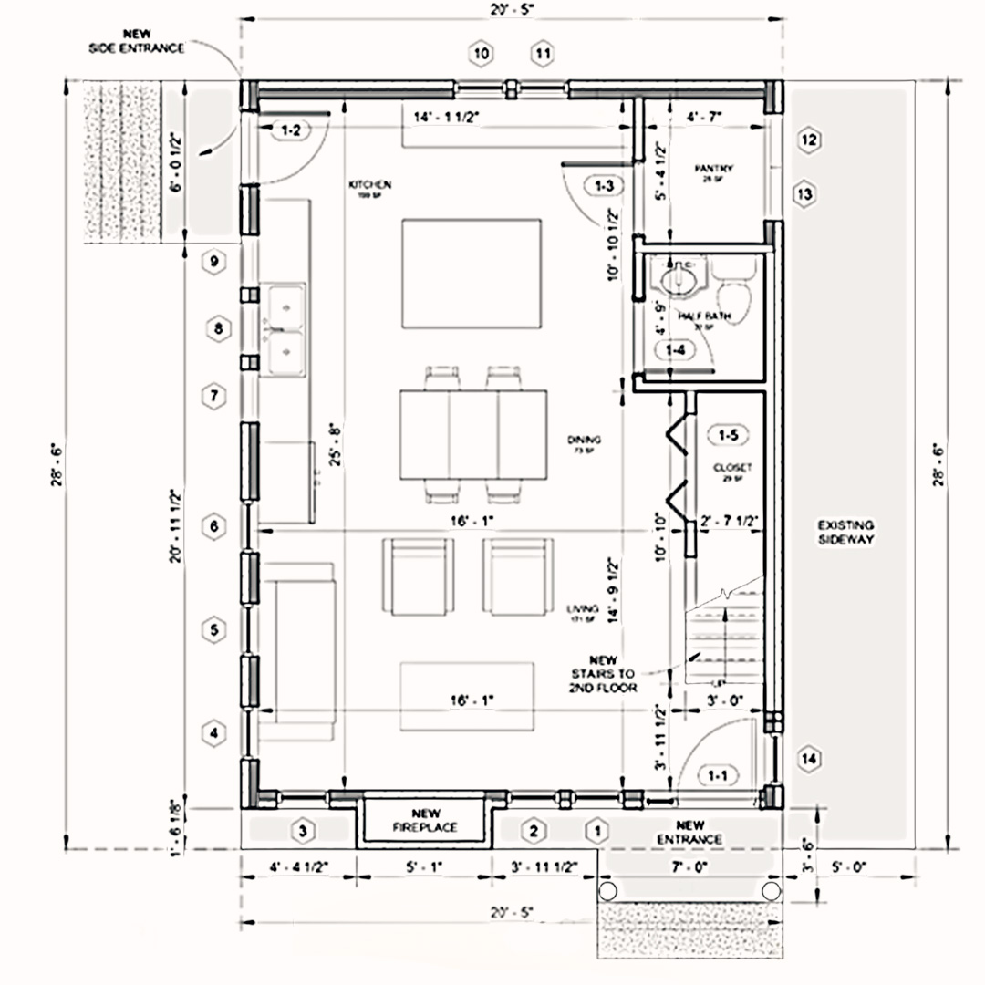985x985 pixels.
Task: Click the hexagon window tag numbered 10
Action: [x=482, y=54]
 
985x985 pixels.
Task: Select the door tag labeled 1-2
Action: [x=291, y=130]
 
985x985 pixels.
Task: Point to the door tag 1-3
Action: [x=604, y=186]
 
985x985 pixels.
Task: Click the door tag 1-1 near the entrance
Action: [x=717, y=776]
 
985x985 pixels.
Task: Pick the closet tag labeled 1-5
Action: [x=728, y=435]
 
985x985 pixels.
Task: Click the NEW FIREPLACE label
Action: [x=421, y=821]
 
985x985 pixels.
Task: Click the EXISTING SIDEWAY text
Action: [x=845, y=533]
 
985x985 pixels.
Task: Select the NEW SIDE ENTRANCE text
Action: [x=136, y=41]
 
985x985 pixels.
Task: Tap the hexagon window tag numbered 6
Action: [x=214, y=527]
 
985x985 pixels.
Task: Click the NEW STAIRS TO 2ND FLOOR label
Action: [x=603, y=674]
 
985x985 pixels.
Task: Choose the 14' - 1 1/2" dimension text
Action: [x=447, y=117]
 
